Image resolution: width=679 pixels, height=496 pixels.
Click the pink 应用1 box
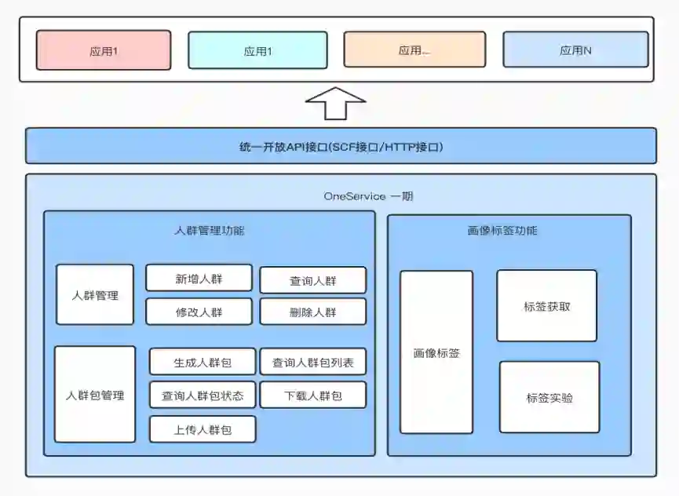[x=103, y=50]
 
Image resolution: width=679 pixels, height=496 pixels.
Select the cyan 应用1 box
[x=257, y=50]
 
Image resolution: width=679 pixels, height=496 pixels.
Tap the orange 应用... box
[x=414, y=49]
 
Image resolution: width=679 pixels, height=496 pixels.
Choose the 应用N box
[x=575, y=49]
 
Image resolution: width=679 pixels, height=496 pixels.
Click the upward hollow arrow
[x=335, y=103]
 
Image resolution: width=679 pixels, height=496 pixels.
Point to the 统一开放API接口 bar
[x=341, y=146]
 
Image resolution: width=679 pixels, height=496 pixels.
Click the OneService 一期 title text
[x=368, y=195]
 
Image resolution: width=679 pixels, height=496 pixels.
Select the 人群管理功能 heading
[x=209, y=231]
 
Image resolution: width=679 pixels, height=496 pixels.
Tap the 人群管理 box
[x=95, y=295]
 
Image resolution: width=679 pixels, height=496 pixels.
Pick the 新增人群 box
[x=199, y=278]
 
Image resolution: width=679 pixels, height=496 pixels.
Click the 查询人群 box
[x=312, y=280]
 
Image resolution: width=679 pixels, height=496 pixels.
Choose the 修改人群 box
[x=199, y=312]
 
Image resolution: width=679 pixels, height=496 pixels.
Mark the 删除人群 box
[x=312, y=312]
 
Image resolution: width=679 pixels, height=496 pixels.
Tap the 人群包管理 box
[x=95, y=395]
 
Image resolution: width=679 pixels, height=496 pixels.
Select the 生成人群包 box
[x=203, y=362]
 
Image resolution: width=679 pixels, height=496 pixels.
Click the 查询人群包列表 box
[x=312, y=362]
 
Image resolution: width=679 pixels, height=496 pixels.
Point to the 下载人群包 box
[x=312, y=395]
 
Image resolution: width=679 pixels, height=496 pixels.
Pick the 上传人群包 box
[x=203, y=429]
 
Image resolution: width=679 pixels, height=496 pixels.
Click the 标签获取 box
[x=546, y=306]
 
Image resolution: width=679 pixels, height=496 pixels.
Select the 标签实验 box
[x=549, y=397]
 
